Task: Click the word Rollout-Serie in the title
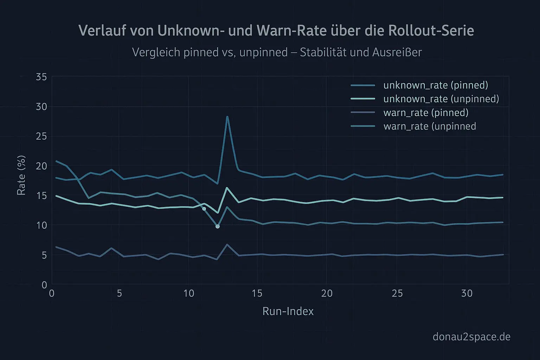click(431, 31)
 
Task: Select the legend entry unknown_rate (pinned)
click(435, 85)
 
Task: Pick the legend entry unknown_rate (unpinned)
click(441, 99)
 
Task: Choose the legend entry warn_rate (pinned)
click(426, 112)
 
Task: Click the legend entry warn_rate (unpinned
click(430, 126)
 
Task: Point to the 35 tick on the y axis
click(41, 77)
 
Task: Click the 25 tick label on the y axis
click(41, 136)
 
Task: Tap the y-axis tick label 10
click(41, 225)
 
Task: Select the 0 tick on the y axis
click(44, 284)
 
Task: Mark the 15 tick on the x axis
click(257, 293)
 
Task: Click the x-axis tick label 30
click(467, 293)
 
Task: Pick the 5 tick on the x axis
click(119, 293)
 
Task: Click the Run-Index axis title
click(288, 311)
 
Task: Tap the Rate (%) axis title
click(21, 175)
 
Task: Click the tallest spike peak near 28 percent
click(227, 117)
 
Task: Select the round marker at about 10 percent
click(218, 226)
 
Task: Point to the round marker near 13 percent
click(204, 209)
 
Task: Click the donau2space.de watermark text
click(471, 337)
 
